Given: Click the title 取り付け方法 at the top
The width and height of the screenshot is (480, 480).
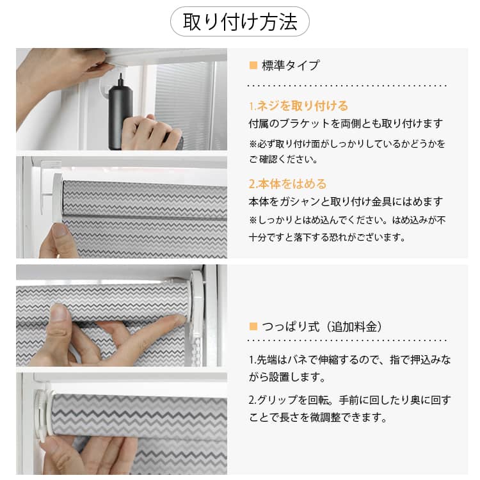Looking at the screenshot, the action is pos(240,21).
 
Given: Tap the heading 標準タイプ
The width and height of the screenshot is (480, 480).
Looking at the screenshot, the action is pos(290,65).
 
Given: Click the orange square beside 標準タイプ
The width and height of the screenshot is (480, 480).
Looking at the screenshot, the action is pos(253,65).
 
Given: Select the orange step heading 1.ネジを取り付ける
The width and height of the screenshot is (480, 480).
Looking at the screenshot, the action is pos(298,106).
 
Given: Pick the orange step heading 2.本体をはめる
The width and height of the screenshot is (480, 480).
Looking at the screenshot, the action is pos(287,184).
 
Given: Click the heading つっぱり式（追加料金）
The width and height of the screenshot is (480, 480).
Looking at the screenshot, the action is pos(322,326).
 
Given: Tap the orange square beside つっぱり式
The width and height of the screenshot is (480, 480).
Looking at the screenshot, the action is pos(253,326).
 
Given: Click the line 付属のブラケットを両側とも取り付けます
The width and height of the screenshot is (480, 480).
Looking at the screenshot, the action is pos(346,124).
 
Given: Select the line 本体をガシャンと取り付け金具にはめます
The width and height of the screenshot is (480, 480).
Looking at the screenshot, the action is pos(346,202).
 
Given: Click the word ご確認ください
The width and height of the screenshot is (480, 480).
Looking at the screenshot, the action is pos(283,159).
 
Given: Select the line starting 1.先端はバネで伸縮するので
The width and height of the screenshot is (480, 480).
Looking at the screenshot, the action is pos(349,360).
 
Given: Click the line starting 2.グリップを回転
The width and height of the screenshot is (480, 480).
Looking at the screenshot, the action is pos(349,400).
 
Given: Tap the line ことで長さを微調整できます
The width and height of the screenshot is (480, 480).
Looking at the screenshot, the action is pos(318,417).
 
